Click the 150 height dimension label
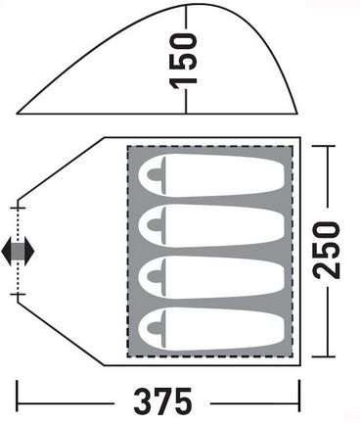point(184,61)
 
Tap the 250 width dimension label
point(327,251)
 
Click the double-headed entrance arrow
point(18,251)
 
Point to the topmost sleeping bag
point(211,175)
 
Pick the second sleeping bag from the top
point(211,226)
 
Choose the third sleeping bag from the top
point(211,277)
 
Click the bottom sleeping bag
point(211,329)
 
